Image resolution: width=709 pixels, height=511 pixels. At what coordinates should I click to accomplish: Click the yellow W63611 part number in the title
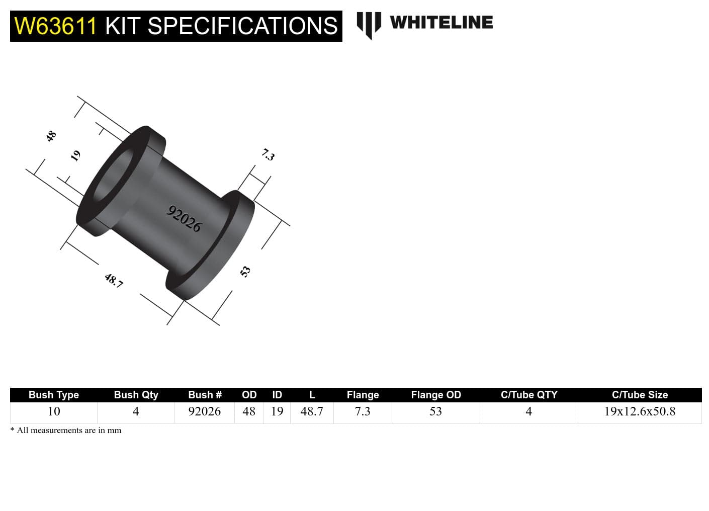pyautogui.click(x=55, y=26)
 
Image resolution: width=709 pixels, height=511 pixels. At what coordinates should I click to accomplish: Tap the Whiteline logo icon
pyautogui.click(x=369, y=25)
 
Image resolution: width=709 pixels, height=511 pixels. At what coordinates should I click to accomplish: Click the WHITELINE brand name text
pyautogui.click(x=441, y=23)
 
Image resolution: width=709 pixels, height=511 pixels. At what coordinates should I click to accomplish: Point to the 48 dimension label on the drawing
pyautogui.click(x=51, y=136)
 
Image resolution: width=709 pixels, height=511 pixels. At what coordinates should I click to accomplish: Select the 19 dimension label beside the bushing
pyautogui.click(x=75, y=155)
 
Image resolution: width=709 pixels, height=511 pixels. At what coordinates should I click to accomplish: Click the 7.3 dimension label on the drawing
pyautogui.click(x=268, y=154)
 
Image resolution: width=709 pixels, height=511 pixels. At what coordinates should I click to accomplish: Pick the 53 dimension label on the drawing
pyautogui.click(x=245, y=272)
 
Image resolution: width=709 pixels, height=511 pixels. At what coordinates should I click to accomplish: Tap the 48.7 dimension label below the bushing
pyautogui.click(x=114, y=280)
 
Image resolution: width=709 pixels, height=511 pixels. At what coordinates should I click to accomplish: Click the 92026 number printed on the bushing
pyautogui.click(x=184, y=219)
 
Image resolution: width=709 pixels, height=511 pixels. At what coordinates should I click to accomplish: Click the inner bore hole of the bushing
pyautogui.click(x=114, y=176)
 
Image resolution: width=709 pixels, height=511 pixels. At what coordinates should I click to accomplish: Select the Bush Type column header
pyautogui.click(x=54, y=395)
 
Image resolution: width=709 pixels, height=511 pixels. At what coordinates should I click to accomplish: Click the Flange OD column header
pyautogui.click(x=435, y=395)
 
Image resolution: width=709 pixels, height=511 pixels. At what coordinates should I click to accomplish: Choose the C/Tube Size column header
pyautogui.click(x=640, y=395)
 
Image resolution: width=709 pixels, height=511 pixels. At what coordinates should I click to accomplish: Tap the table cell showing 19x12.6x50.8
pyautogui.click(x=640, y=411)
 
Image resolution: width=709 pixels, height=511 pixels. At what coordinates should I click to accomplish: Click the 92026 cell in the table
pyautogui.click(x=204, y=411)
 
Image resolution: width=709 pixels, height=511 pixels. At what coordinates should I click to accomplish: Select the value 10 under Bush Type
pyautogui.click(x=54, y=411)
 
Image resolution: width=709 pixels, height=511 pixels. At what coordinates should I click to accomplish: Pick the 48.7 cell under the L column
pyautogui.click(x=312, y=411)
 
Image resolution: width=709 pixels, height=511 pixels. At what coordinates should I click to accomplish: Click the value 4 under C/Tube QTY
pyautogui.click(x=528, y=411)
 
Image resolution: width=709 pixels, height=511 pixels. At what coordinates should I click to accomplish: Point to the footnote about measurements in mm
pyautogui.click(x=66, y=431)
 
